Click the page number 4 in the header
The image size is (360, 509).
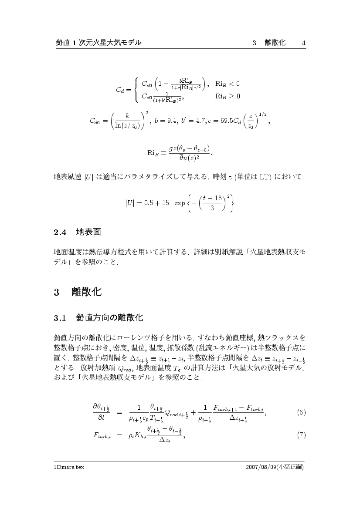tap(303, 43)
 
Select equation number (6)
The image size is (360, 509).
tap(301, 412)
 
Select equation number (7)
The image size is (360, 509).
tap(301, 435)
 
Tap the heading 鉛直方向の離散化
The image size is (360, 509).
tap(109, 318)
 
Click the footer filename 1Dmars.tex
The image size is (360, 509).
tap(66, 467)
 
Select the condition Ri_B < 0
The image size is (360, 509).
tap(228, 83)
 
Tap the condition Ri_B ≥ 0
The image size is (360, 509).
tap(228, 96)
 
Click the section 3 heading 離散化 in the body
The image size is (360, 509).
tap(86, 292)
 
